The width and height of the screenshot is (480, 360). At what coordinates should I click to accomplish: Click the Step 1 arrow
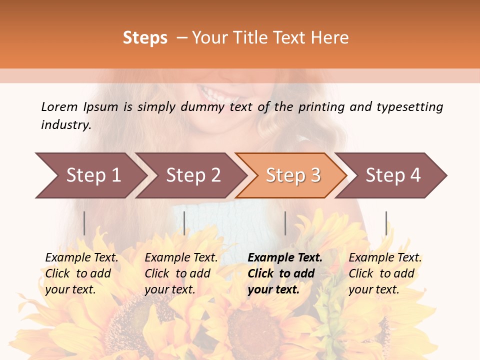[92, 175]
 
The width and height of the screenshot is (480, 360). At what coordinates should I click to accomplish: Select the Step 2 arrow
[192, 175]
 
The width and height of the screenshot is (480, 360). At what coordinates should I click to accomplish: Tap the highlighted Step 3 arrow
[292, 175]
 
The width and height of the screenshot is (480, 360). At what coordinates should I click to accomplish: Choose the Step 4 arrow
[392, 175]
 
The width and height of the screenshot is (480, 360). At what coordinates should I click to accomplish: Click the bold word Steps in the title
[145, 38]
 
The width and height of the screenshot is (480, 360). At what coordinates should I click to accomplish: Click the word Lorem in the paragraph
[59, 107]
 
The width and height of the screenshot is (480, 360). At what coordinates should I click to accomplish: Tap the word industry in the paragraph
[66, 125]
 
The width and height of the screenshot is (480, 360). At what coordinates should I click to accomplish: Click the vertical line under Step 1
[84, 223]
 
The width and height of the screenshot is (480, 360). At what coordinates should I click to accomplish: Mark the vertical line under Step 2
[184, 223]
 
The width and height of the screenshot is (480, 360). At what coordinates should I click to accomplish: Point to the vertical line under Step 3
[285, 223]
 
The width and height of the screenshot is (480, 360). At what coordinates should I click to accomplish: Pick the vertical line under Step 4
[386, 223]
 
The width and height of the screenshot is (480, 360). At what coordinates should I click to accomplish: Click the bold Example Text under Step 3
[285, 258]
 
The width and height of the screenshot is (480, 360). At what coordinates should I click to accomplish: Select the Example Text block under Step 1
[81, 273]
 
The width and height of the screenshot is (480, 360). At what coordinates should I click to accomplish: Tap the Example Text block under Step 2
[181, 273]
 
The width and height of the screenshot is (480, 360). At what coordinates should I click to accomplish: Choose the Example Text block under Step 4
[385, 273]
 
